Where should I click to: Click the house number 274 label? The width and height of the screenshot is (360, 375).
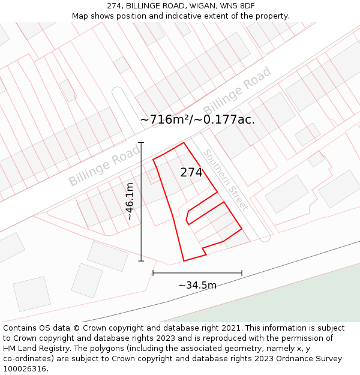point(191,172)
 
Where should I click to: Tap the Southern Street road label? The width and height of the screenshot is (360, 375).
point(225,179)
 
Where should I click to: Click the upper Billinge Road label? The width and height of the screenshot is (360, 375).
point(237,92)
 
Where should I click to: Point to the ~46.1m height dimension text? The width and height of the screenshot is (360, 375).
point(130,202)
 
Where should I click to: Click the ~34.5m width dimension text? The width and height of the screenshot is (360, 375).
point(197,285)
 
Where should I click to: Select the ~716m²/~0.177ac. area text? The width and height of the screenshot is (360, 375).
point(197,119)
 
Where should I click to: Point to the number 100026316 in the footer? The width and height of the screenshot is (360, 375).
point(23,369)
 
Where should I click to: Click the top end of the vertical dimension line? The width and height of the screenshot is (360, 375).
point(142,143)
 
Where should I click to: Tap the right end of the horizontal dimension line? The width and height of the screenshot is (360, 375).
point(242,273)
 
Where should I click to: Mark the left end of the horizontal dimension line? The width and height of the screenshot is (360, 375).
point(153,273)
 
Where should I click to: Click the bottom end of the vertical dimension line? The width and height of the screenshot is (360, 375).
point(142,261)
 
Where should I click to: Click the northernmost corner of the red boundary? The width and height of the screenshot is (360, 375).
point(184,143)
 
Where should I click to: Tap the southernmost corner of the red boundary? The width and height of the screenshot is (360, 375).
point(184,261)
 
